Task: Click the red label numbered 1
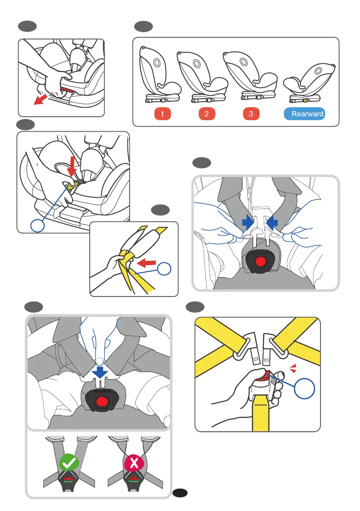tap(163, 114)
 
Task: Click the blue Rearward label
tap(304, 114)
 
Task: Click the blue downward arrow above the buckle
tap(100, 372)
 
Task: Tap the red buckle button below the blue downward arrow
tap(102, 402)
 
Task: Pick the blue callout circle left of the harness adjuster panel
tap(37, 225)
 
